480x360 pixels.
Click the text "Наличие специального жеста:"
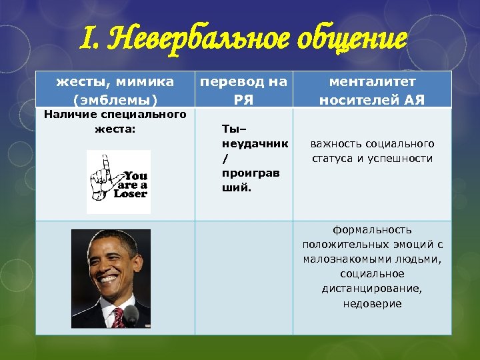coord(115,121)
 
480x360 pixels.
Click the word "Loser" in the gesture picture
coord(130,194)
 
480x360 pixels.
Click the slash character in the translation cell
coord(224,159)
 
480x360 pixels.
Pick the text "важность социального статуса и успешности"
coord(372,151)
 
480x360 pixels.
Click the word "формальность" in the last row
coord(372,229)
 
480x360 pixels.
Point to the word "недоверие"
coord(372,303)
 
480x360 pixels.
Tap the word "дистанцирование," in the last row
coord(372,289)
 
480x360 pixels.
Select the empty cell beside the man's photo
coord(244,277)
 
